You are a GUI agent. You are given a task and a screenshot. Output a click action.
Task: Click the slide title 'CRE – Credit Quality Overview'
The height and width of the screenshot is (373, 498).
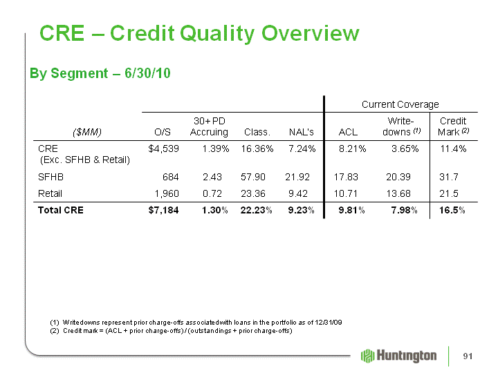click(x=199, y=33)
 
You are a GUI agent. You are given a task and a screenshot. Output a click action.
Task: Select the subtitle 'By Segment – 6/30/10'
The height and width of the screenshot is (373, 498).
click(x=100, y=73)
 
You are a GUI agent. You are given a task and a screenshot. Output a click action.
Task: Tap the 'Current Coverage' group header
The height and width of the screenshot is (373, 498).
click(x=400, y=104)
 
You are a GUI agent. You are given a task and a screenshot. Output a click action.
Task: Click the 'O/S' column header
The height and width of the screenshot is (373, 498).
click(x=163, y=132)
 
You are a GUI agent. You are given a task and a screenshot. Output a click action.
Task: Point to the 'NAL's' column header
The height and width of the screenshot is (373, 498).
click(x=301, y=132)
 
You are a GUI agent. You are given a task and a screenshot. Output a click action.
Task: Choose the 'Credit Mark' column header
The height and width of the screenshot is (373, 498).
click(x=453, y=126)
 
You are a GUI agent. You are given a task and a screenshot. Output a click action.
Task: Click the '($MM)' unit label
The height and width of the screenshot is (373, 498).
click(x=87, y=132)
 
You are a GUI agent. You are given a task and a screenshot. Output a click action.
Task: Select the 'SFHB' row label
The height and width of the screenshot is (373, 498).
click(x=50, y=177)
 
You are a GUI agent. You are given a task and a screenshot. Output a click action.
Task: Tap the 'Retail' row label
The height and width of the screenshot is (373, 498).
click(x=50, y=193)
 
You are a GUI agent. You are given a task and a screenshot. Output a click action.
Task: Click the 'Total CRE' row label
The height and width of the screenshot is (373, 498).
click(x=61, y=210)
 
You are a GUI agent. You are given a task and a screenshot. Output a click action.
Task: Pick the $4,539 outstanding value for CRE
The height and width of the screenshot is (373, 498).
click(x=163, y=149)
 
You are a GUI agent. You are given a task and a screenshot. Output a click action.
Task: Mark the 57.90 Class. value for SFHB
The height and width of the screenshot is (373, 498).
click(x=253, y=177)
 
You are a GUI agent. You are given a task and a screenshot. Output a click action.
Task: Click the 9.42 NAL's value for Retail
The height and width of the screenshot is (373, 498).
click(x=298, y=193)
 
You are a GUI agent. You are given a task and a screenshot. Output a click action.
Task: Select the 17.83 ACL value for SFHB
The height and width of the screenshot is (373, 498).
click(x=346, y=177)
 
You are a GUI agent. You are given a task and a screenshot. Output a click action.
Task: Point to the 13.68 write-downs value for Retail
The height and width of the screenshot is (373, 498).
click(x=398, y=193)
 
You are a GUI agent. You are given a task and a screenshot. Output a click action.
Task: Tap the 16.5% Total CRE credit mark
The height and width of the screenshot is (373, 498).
click(x=452, y=210)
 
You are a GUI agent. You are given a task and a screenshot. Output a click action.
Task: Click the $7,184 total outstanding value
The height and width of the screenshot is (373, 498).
click(x=163, y=210)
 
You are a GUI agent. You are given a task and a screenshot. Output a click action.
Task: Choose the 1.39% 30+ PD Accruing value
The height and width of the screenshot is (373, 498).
click(x=216, y=149)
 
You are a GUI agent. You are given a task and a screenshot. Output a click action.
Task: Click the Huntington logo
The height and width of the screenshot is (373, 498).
click(x=398, y=356)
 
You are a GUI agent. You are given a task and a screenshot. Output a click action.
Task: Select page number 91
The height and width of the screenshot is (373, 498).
click(x=468, y=356)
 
